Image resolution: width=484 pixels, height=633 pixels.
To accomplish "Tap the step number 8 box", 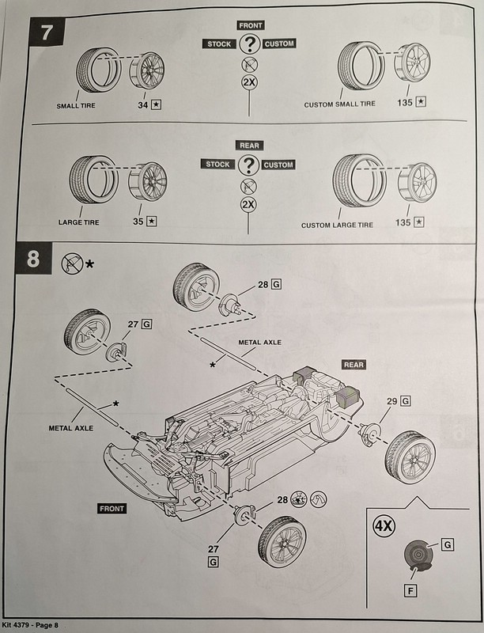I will point(32,262).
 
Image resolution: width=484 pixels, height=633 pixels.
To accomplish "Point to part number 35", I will point(138,222).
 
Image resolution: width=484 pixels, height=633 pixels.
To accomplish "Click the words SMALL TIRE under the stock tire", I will point(77,105).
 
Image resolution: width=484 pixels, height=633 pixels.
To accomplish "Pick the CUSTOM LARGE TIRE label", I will point(337,225).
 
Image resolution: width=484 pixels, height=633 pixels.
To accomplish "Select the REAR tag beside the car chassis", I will point(353,365).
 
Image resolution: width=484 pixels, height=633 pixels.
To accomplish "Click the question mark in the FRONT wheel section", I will point(248,44).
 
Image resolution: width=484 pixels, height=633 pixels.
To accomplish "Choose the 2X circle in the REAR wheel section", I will point(248,204).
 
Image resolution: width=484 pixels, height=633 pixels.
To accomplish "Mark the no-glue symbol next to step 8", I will point(71,262).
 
